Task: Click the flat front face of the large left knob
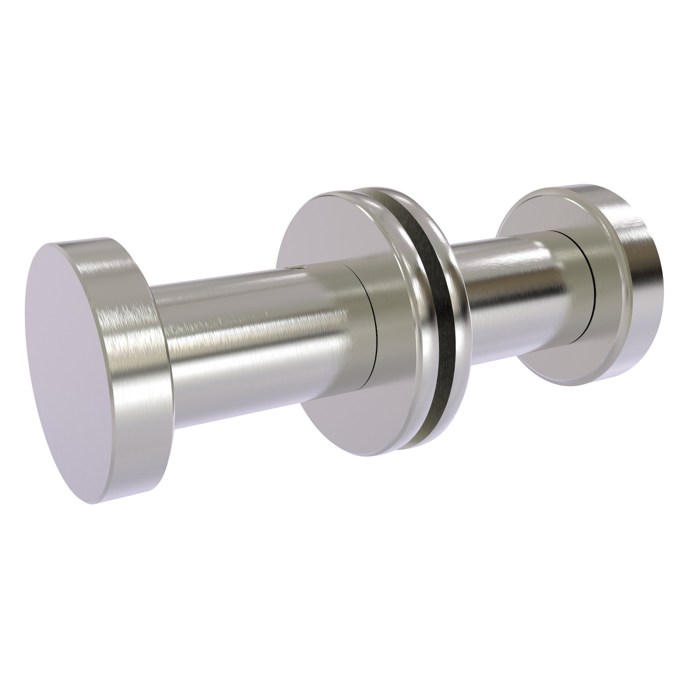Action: [x=89, y=363]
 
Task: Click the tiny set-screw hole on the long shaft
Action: [x=296, y=267]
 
